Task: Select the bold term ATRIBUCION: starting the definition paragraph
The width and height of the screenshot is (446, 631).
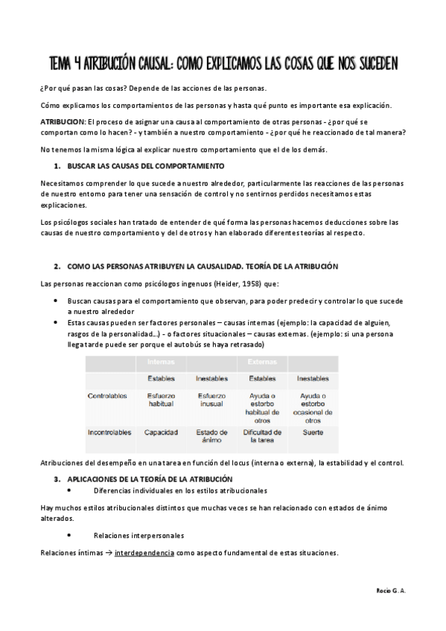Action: click(63, 121)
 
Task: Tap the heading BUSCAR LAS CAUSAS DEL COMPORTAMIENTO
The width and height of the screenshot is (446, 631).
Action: click(145, 165)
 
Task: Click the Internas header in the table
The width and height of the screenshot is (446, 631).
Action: click(161, 362)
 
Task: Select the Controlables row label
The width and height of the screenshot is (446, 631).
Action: click(107, 395)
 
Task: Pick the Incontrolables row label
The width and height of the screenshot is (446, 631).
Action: click(110, 432)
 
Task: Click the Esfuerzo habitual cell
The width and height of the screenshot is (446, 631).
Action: click(161, 400)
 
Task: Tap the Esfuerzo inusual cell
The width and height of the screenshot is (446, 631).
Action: click(211, 400)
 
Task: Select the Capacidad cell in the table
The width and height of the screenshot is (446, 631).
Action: click(161, 432)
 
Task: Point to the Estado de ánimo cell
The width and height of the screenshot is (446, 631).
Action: click(211, 435)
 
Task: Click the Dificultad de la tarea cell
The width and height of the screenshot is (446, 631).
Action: click(262, 435)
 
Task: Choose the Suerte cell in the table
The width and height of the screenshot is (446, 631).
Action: click(313, 432)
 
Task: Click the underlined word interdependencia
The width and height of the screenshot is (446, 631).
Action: click(144, 554)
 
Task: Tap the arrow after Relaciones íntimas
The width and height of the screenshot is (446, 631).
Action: click(108, 554)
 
